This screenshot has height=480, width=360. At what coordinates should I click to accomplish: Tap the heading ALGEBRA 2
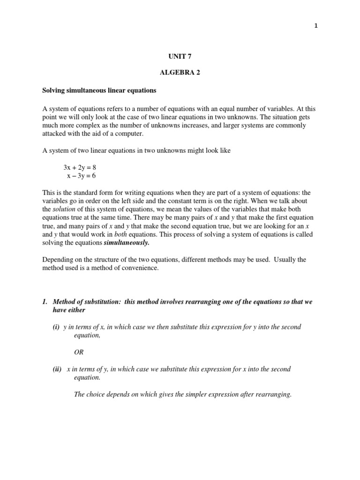point(180,74)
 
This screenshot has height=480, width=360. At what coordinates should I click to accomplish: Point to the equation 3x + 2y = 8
point(80,167)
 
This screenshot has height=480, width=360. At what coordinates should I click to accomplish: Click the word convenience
point(140,268)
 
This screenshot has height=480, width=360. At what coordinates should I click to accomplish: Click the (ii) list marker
point(58,369)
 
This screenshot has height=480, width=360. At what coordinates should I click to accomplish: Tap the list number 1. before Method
point(45,302)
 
